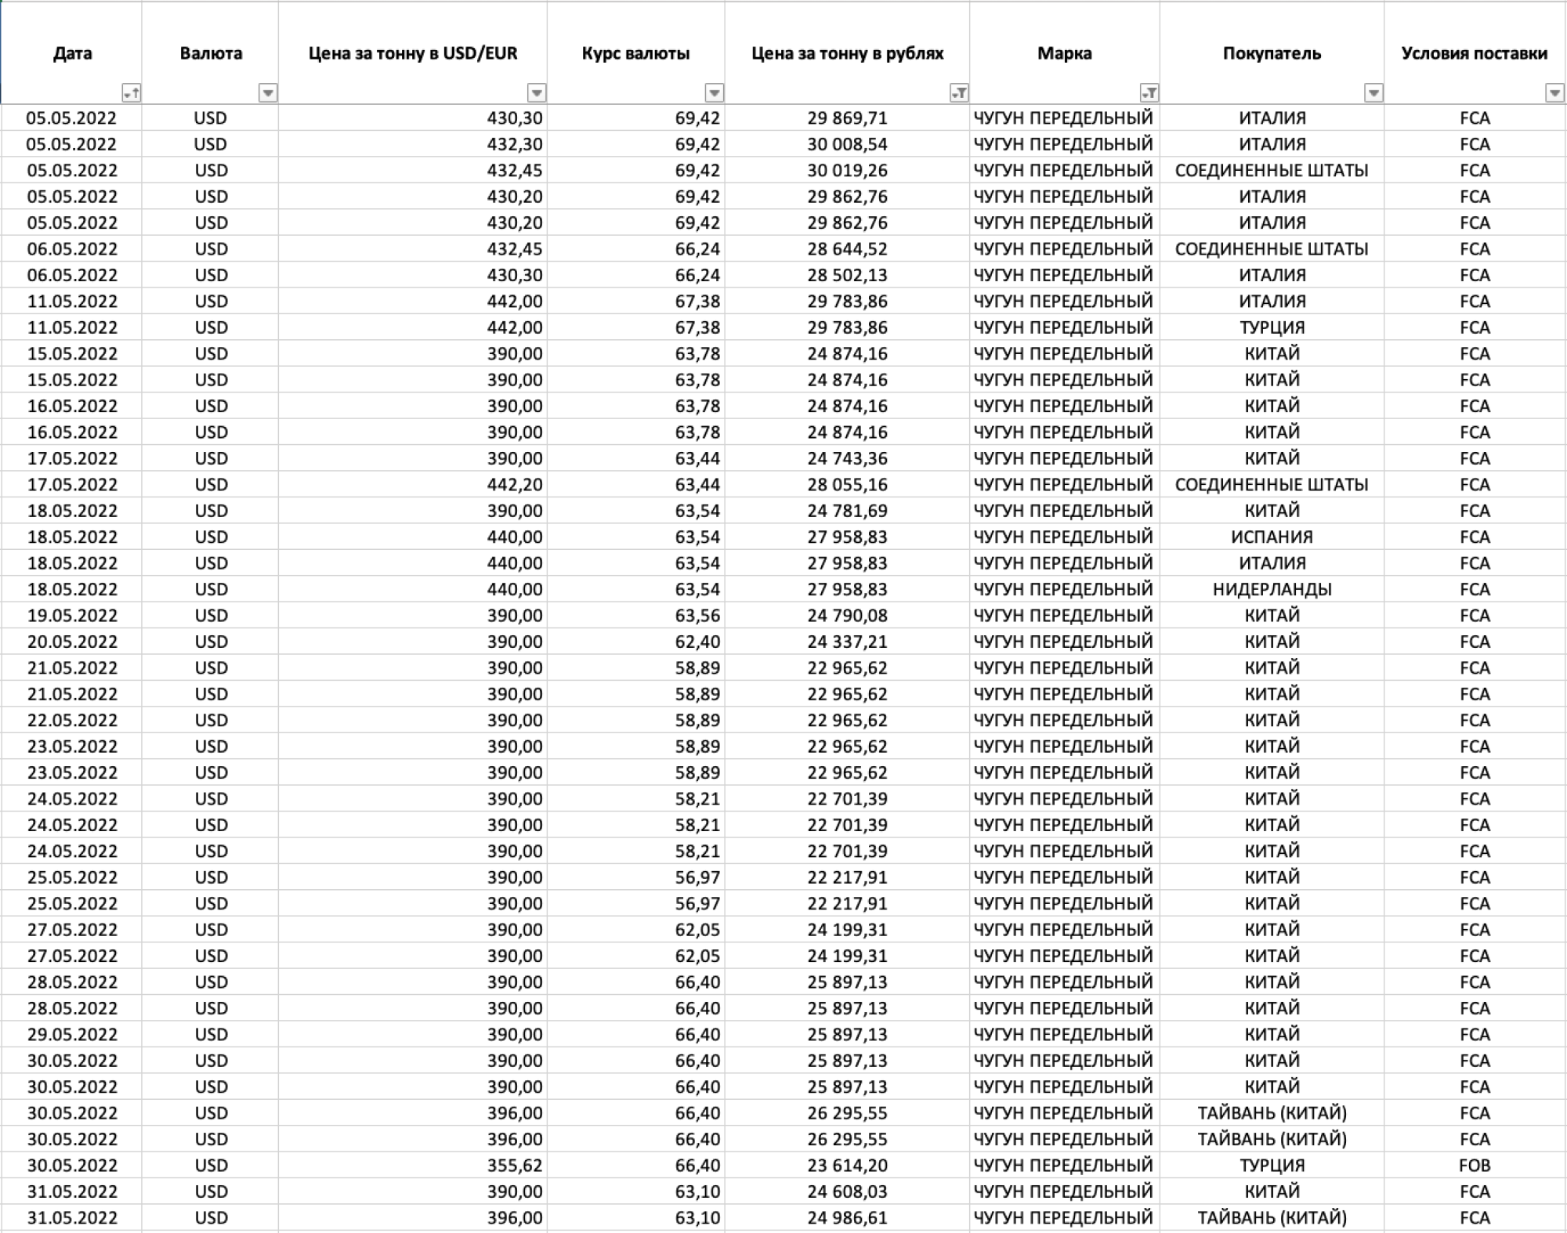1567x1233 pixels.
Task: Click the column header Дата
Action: (72, 53)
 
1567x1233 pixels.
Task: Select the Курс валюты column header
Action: (635, 53)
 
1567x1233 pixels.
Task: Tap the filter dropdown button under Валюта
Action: (268, 93)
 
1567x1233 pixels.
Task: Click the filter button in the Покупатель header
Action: (1373, 93)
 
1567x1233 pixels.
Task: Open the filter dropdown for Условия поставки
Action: (1554, 93)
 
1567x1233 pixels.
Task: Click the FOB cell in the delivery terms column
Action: (1474, 1165)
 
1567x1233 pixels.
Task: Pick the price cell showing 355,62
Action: (514, 1165)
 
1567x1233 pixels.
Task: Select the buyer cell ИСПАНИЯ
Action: (1272, 537)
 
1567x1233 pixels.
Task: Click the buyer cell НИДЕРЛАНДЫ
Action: (1272, 589)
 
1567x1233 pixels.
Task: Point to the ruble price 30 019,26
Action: (847, 170)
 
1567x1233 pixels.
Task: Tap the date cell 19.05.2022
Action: (72, 615)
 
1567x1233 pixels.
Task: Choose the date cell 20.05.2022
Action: (72, 642)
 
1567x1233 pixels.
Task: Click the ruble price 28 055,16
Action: (847, 484)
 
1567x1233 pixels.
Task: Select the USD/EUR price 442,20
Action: (514, 484)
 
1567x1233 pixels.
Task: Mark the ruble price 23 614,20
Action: (847, 1165)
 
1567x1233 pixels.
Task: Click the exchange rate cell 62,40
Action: (697, 642)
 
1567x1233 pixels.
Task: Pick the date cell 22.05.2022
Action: (72, 720)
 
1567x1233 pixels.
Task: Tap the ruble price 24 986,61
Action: (847, 1217)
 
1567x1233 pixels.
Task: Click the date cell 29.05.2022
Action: (72, 1034)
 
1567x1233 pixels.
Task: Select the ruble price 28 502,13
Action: (847, 275)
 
